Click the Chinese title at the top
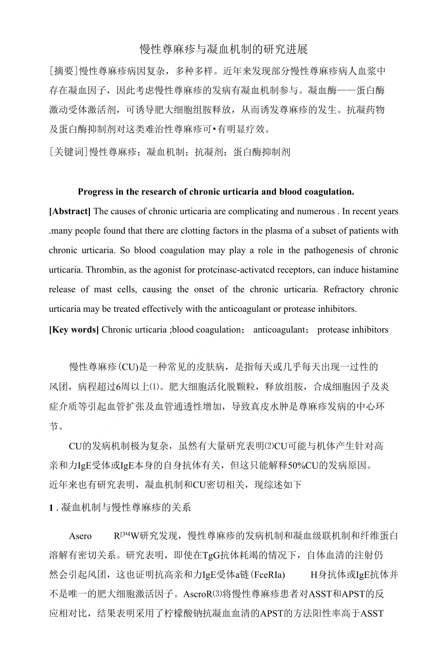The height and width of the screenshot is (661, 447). point(223,50)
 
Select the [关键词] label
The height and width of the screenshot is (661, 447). point(69,152)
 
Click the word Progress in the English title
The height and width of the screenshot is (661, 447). point(95,192)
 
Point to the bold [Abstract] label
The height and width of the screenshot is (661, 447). point(70,211)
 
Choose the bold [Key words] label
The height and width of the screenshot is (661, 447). point(74,330)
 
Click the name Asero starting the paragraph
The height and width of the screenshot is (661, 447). point(80,536)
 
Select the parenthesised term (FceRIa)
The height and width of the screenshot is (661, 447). point(267,575)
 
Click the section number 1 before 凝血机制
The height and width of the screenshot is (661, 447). point(51,508)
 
